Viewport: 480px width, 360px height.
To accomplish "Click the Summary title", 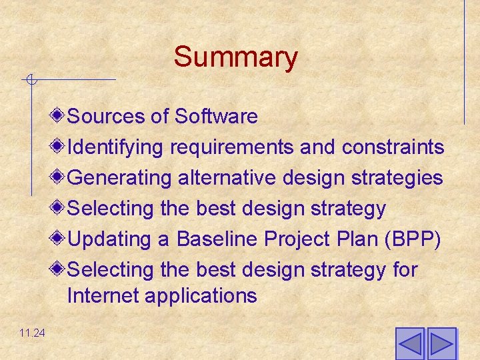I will pos(235,57).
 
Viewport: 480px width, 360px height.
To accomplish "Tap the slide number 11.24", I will pos(32,333).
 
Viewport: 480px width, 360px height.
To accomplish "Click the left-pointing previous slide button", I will pos(410,344).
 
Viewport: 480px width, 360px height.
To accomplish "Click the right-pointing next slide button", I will pos(441,344).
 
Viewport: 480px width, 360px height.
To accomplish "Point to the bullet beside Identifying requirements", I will pos(59,146).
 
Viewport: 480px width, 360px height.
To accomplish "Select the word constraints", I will pos(393,147).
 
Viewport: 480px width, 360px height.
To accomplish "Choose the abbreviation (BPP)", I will pos(411,239).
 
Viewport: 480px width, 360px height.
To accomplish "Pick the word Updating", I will pos(111,239).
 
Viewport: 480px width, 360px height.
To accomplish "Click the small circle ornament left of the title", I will pos(30,81).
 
